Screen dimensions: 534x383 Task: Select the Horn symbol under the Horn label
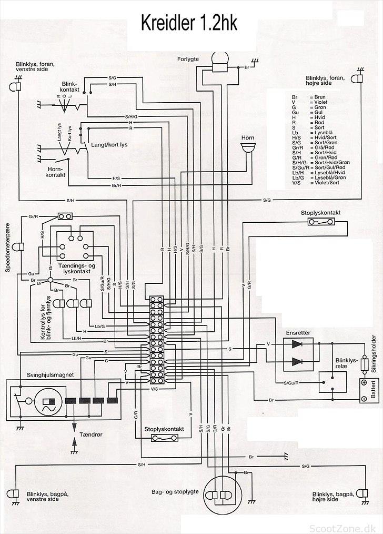(x=247, y=148)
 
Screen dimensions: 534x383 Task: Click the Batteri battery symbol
(x=363, y=390)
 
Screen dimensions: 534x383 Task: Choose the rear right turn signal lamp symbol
(x=362, y=493)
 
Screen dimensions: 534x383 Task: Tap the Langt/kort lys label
(x=109, y=144)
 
